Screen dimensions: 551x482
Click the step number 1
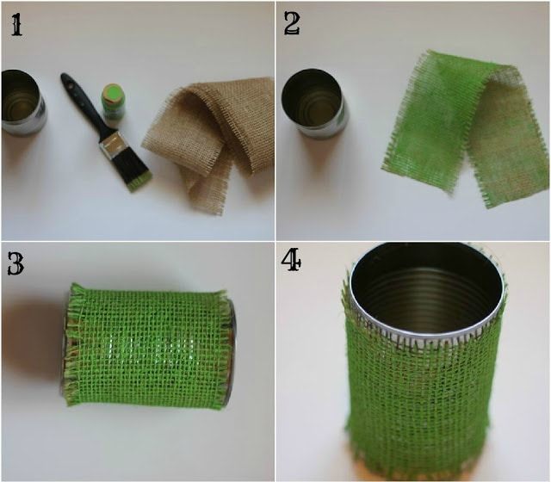(17, 26)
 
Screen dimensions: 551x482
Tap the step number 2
(292, 24)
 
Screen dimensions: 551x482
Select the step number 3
(15, 264)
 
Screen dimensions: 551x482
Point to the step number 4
(291, 260)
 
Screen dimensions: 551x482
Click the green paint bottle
(114, 103)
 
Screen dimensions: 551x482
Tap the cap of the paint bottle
(113, 93)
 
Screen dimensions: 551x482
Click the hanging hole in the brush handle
(69, 83)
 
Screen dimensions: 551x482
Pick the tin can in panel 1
(23, 102)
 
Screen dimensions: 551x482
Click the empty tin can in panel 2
(313, 103)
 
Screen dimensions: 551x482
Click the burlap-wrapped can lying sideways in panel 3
(149, 346)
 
